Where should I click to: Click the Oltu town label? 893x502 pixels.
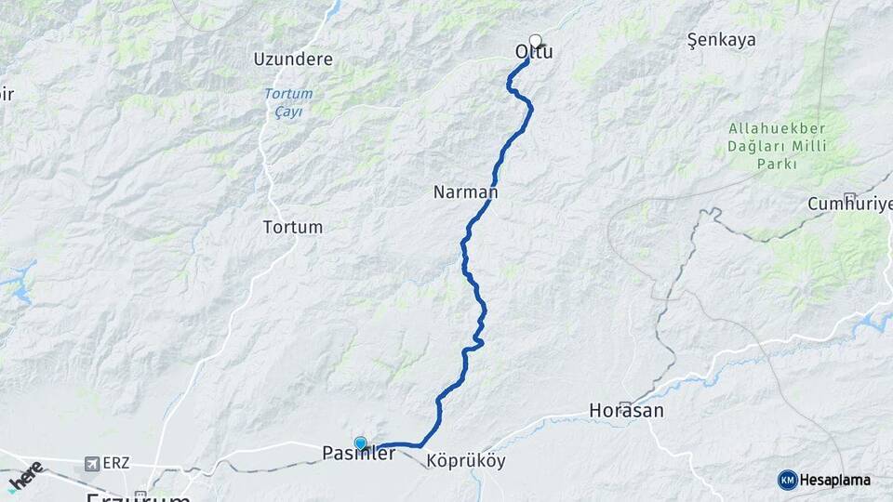534,53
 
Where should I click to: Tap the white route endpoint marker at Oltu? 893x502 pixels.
535,40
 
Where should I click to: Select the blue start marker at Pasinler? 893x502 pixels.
360,443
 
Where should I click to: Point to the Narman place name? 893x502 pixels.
465,192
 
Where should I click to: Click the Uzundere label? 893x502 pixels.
293,59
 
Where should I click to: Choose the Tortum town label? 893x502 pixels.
293,227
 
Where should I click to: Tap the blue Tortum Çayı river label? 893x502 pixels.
288,102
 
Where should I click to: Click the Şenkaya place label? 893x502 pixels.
721,40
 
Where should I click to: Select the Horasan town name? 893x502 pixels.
626,410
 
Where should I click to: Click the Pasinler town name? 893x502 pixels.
358,455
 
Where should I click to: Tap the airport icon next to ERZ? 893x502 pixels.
90,463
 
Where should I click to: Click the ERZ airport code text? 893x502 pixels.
117,463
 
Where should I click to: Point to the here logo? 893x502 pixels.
25,473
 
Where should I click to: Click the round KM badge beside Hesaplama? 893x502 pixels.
787,480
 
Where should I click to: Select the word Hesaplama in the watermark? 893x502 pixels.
835,480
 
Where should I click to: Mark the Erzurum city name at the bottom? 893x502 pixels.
138,495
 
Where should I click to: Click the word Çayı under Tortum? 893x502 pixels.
288,112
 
